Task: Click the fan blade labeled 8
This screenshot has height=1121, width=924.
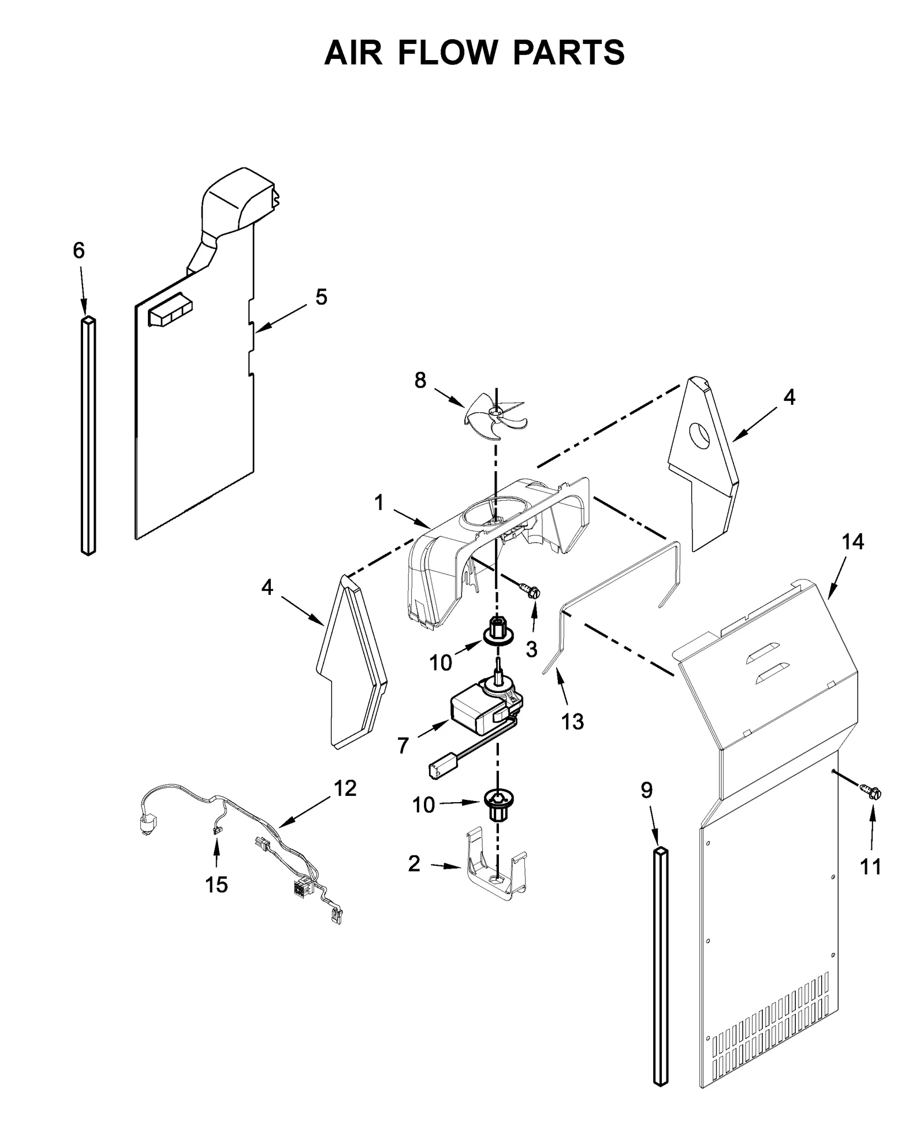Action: [495, 412]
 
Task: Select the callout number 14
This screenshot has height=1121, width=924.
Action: [852, 542]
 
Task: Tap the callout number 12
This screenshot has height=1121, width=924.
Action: [345, 788]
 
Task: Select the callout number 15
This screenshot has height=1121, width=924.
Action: [217, 884]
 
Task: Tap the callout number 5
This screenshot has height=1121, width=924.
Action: [321, 297]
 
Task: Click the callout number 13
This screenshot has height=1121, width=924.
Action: [572, 721]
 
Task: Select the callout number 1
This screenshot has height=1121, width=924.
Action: [379, 503]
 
